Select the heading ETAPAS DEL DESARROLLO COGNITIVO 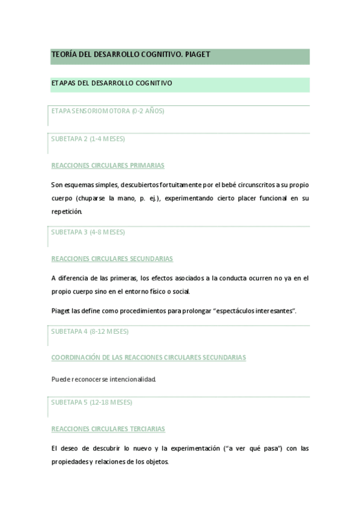pos(112,84)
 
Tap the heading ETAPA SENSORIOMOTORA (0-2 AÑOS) pos(108,111)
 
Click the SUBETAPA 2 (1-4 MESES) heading pos(88,139)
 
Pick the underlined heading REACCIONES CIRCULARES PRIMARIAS pos(108,165)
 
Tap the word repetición pos(67,212)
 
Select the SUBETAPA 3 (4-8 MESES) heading pos(88,232)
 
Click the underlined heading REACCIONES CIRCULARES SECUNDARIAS pos(112,259)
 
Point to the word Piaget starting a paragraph pos(61,310)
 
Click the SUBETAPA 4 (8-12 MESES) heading pos(90,331)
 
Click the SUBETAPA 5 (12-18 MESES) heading pos(91,402)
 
